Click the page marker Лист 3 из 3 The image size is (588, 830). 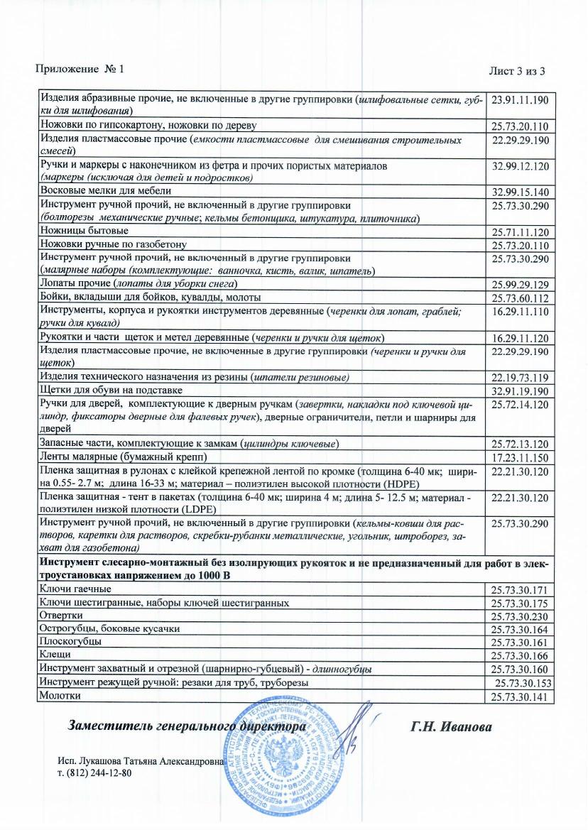(516, 71)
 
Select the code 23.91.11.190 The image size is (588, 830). (521, 99)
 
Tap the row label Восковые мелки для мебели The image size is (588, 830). (105, 190)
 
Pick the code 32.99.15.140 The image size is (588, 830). (521, 192)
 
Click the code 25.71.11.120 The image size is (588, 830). (521, 233)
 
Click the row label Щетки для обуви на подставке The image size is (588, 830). (111, 390)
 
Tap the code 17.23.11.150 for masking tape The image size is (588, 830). (521, 458)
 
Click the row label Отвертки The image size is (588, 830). (62, 615)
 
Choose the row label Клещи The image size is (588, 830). (55, 655)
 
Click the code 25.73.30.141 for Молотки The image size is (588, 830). (521, 697)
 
